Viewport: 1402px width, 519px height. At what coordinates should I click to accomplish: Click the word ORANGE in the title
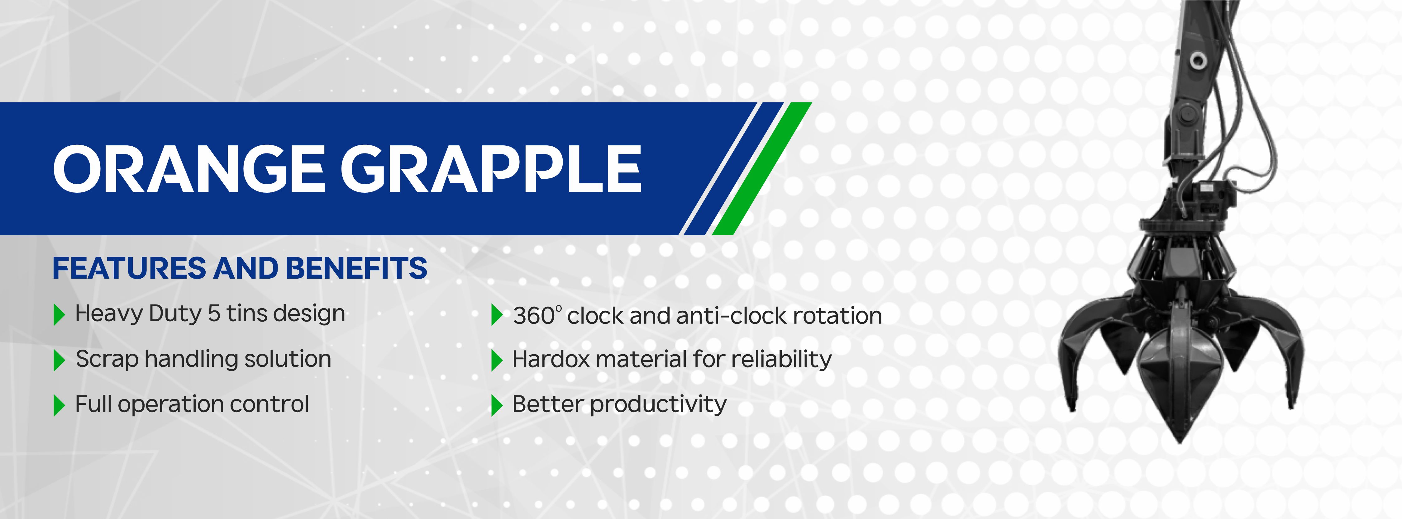(189, 169)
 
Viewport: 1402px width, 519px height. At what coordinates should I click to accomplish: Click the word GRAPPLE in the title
(491, 169)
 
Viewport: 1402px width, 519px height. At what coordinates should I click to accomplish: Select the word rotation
(837, 315)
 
